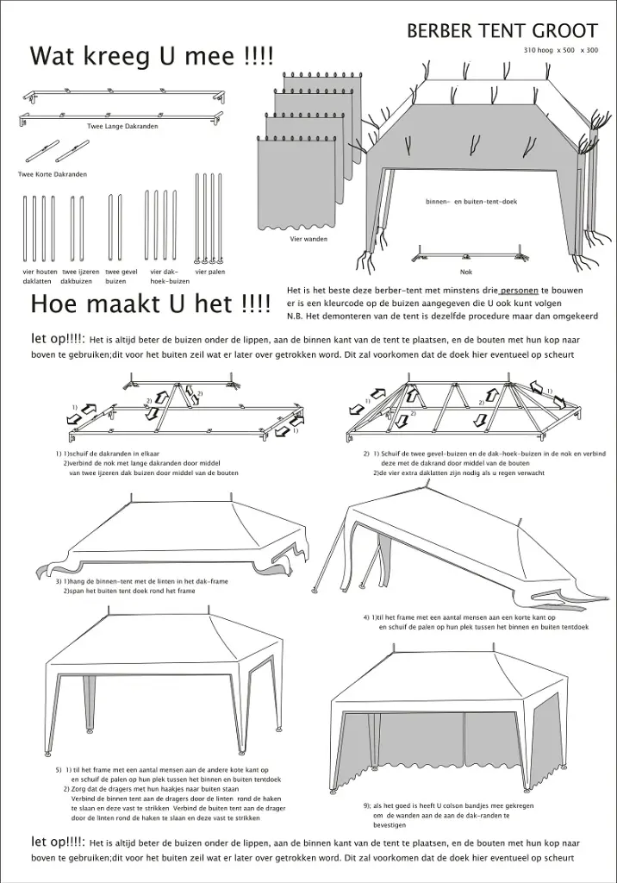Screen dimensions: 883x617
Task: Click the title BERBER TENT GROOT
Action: pos(502,31)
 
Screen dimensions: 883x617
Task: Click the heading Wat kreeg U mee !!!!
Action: pos(151,57)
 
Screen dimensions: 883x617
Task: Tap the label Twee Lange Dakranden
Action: pos(122,126)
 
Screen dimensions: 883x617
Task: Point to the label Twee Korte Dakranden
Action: pos(53,174)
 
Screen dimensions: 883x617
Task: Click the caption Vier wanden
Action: pos(308,239)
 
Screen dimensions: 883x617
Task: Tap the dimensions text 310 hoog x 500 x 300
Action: pos(561,51)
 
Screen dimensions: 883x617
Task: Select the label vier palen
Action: pos(209,272)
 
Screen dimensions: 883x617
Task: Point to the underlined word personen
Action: pos(519,291)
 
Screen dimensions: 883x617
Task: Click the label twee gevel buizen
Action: pos(122,276)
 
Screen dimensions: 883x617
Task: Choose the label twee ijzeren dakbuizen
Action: pos(79,276)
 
